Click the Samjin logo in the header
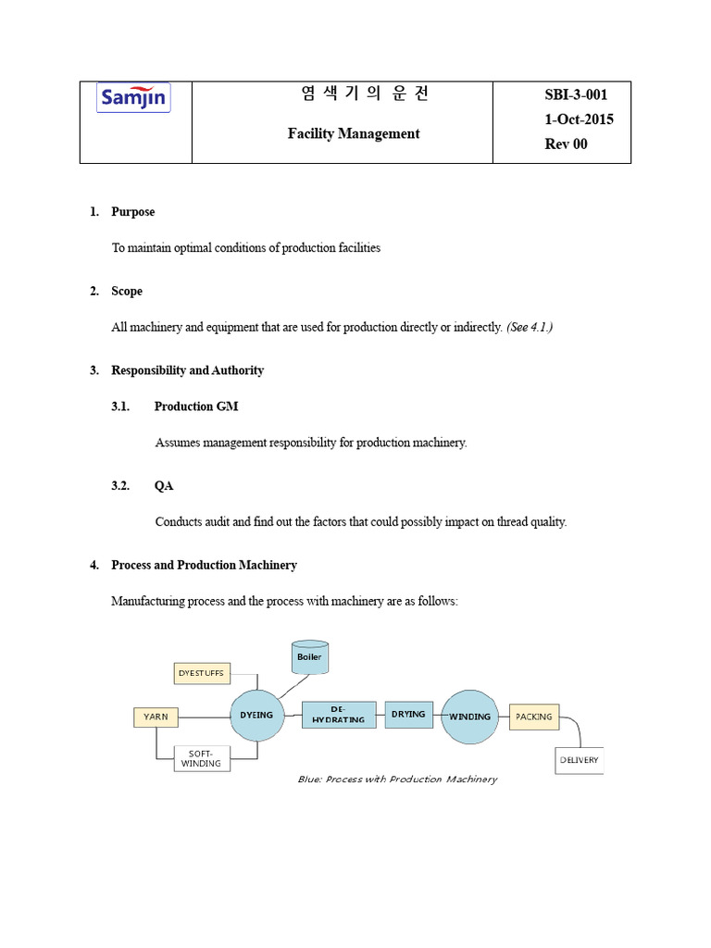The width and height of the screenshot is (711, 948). point(134,98)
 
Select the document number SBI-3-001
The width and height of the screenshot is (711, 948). point(575,94)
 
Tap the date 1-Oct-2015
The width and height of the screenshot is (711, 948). point(580,119)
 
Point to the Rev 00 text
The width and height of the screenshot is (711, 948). point(567,143)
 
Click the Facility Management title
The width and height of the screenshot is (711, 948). point(353,133)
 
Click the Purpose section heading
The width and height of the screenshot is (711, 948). point(132,212)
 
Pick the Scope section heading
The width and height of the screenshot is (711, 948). point(127,292)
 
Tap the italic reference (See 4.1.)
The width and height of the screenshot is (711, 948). point(529,328)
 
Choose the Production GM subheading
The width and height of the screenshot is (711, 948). point(196,406)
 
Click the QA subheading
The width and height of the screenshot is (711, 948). point(164,486)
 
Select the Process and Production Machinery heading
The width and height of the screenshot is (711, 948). point(204,565)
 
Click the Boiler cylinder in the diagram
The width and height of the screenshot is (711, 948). point(309,657)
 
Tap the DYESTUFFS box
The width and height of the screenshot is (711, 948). point(202,673)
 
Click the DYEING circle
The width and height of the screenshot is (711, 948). point(256,716)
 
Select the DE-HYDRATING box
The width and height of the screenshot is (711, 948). point(338,715)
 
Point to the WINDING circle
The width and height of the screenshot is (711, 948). point(469,716)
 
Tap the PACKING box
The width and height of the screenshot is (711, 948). point(534,716)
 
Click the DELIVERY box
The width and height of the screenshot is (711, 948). point(579,760)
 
